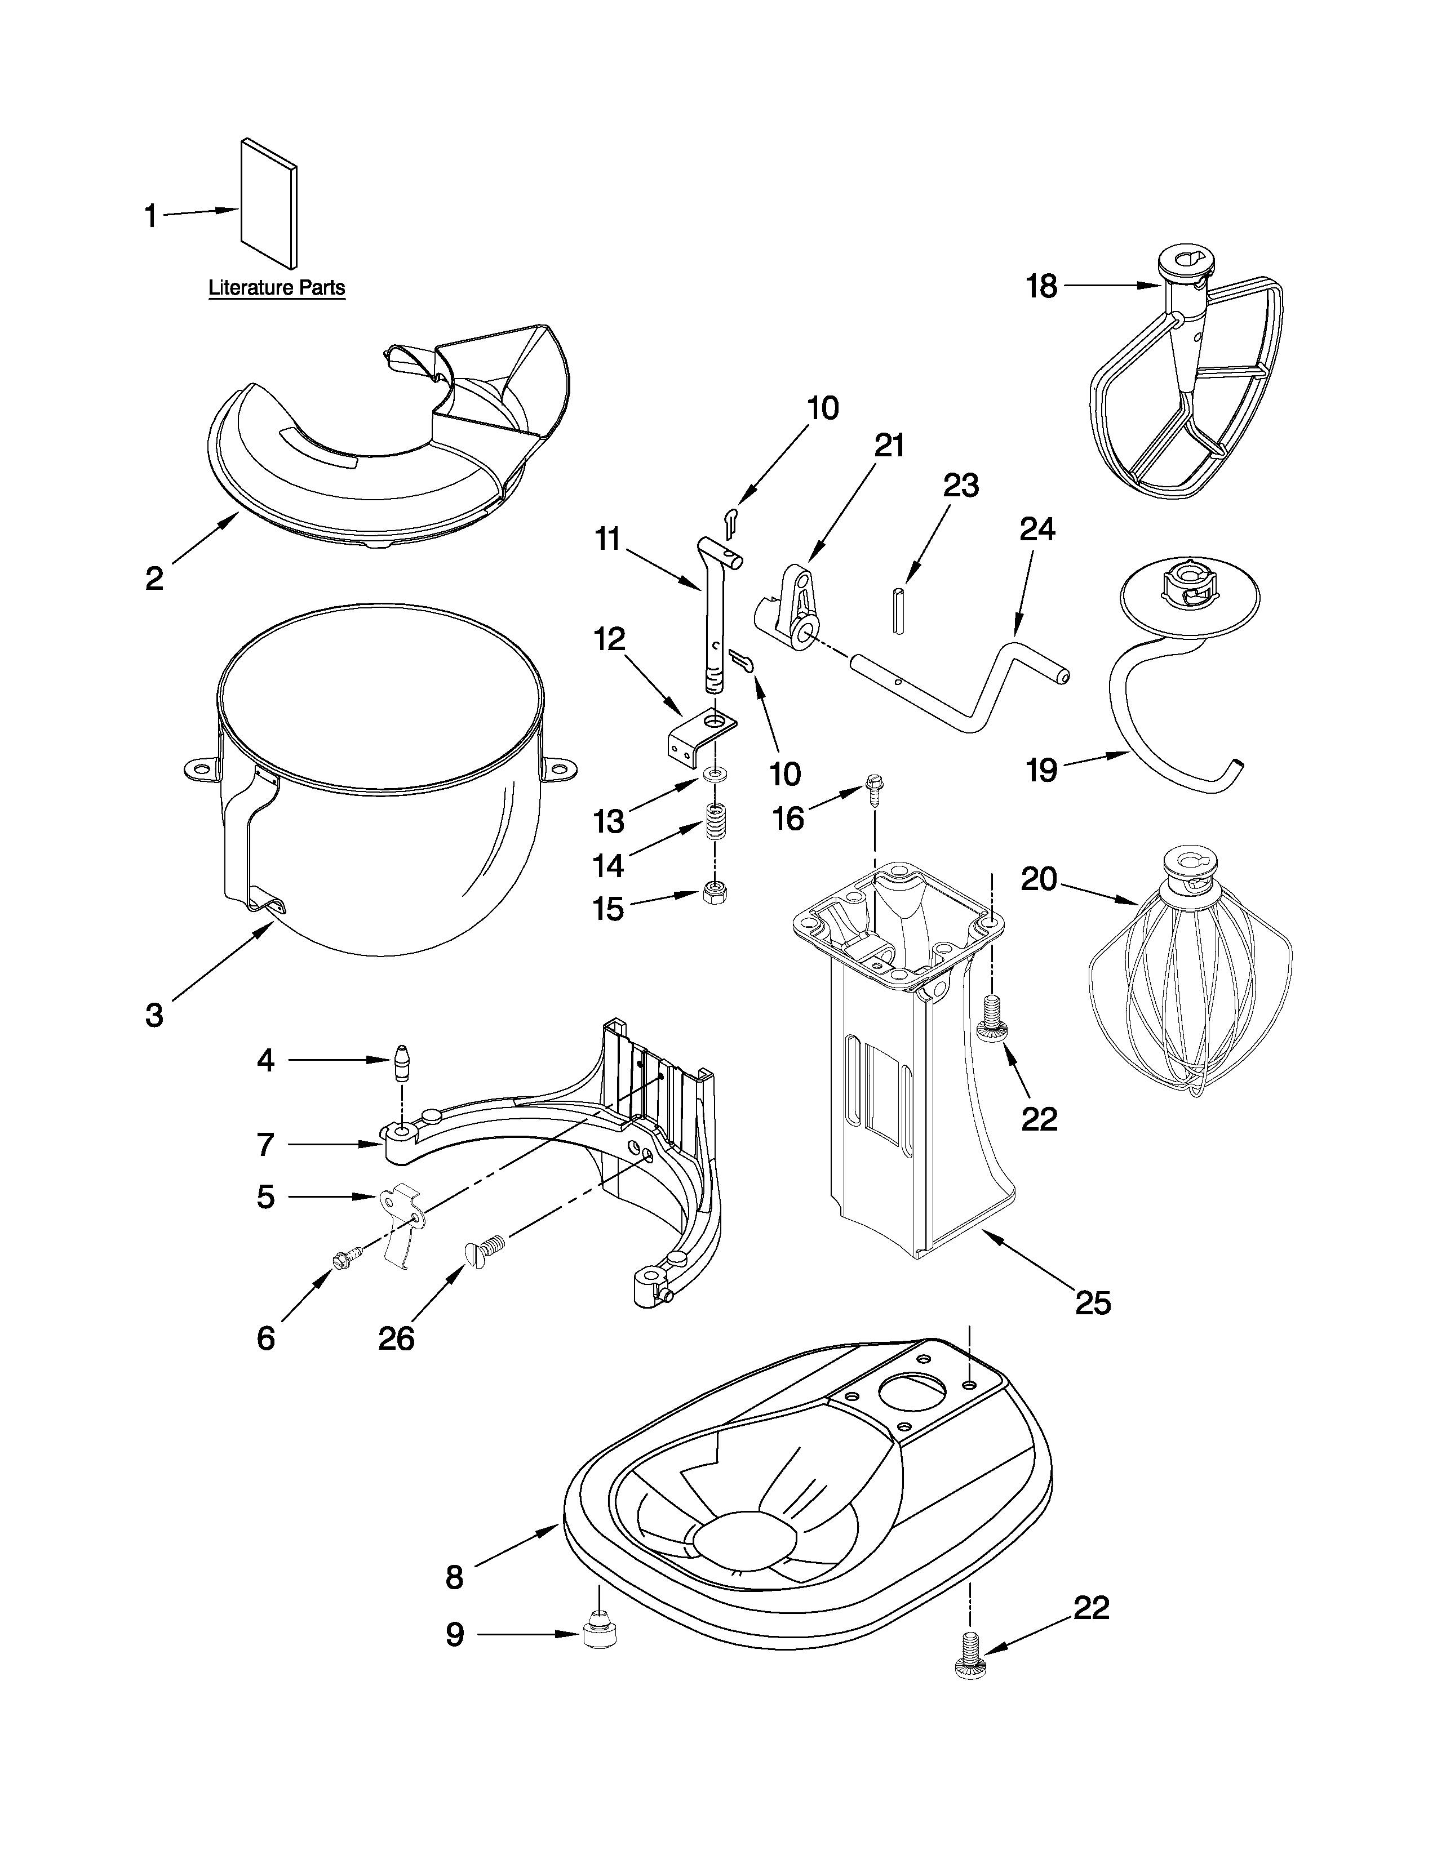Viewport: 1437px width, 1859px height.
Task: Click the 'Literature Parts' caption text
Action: pos(277,288)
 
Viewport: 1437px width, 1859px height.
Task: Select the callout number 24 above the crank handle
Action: pos(1037,530)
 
